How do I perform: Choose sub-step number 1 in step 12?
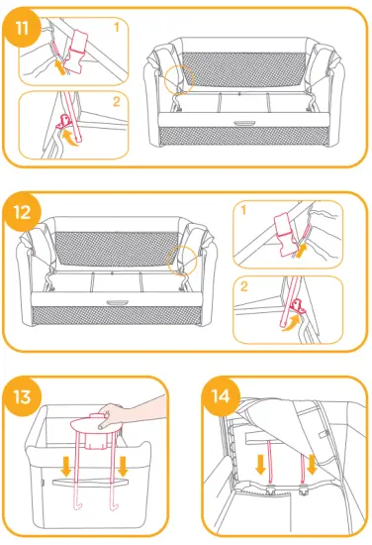(x=243, y=210)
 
